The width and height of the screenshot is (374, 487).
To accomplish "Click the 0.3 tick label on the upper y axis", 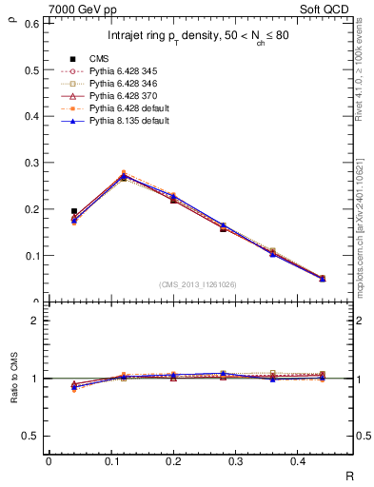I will [32, 163].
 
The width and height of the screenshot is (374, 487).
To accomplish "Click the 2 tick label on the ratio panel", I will [36, 321].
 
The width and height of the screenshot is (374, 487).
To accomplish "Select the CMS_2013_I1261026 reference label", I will [197, 284].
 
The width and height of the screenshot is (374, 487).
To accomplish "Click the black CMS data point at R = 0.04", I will [74, 211].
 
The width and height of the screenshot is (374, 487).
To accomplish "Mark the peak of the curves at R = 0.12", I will [123, 176].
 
